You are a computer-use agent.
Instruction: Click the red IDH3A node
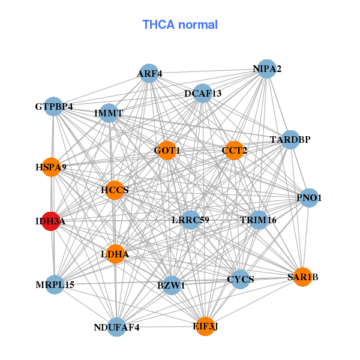[x=51, y=221]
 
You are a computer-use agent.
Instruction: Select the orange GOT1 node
[x=167, y=151]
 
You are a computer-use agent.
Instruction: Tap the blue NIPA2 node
[x=266, y=68]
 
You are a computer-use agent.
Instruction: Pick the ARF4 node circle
[x=149, y=73]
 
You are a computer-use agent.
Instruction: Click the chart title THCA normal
[x=180, y=25]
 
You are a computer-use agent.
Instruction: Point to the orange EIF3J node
[x=205, y=326]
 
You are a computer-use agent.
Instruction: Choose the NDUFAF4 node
[x=116, y=327]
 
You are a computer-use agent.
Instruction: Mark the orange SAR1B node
[x=303, y=277]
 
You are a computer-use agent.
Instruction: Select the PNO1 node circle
[x=309, y=197]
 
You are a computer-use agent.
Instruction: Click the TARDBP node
[x=290, y=140]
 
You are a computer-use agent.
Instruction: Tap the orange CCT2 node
[x=234, y=151]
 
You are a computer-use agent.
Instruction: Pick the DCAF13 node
[x=203, y=93]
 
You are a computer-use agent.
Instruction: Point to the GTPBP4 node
[x=53, y=106]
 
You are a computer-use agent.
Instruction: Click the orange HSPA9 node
[x=51, y=167]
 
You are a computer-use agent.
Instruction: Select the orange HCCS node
[x=115, y=190]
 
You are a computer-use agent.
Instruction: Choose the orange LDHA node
[x=115, y=254]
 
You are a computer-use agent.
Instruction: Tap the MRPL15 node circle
[x=55, y=284]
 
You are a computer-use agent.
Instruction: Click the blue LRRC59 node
[x=191, y=220]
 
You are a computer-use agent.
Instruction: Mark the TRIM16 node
[x=258, y=220]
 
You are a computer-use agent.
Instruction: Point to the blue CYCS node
[x=241, y=280]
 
